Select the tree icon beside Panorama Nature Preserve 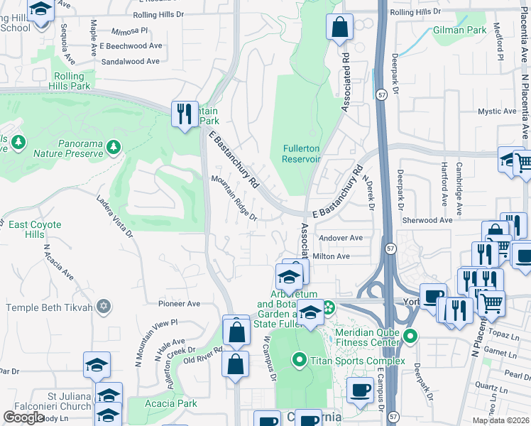tap(114, 146)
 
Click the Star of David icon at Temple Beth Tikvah tap(104, 307)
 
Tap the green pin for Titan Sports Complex tap(299, 361)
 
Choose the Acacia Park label tap(171, 403)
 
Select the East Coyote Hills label tap(35, 229)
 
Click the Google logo tap(24, 417)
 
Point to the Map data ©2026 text tap(500, 420)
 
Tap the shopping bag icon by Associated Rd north tap(340, 27)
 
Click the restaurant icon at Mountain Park tap(184, 114)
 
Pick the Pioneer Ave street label tap(180, 303)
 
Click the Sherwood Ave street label tap(427, 220)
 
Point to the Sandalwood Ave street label tap(131, 62)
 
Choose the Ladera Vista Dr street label tap(115, 216)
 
